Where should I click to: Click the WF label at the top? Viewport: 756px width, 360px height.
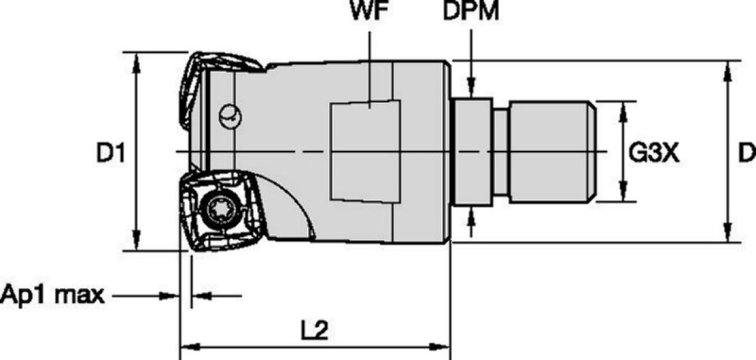[x=369, y=12]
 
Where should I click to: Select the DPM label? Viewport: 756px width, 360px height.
[x=471, y=12]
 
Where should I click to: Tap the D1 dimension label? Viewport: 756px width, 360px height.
[x=111, y=154]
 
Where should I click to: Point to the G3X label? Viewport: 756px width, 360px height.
[x=654, y=154]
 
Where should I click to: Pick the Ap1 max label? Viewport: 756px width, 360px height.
[x=52, y=294]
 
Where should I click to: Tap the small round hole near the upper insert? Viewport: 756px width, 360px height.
[x=230, y=116]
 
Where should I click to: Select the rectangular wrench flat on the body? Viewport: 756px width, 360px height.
[x=365, y=151]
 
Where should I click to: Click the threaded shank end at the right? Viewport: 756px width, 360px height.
[x=553, y=151]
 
